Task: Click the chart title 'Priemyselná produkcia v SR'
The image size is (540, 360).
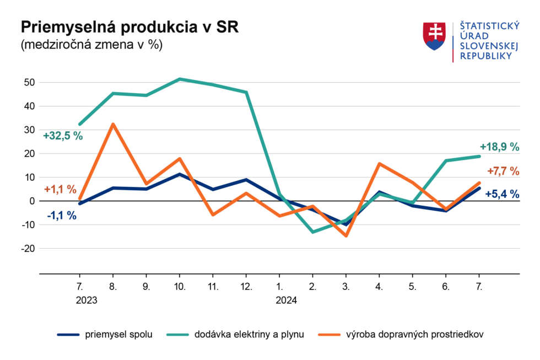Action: coord(129,28)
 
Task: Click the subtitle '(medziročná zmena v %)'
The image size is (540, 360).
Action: coord(91,45)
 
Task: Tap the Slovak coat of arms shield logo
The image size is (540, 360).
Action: coord(434,36)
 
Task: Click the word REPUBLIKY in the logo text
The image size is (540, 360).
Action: coord(485,56)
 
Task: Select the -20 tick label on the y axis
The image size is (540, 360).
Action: coord(28,249)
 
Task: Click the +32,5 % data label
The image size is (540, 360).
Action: coord(63,136)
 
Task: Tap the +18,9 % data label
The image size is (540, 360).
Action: coord(499,147)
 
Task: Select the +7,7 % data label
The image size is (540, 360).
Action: coord(503,171)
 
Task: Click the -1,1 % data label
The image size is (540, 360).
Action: coord(62,216)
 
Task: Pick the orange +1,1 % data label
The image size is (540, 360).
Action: coord(60,189)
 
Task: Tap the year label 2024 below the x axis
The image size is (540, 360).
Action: coord(286,300)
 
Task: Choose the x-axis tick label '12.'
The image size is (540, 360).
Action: coord(246,287)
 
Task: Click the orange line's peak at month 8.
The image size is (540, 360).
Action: coord(113,124)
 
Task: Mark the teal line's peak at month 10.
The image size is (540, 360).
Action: coord(180,79)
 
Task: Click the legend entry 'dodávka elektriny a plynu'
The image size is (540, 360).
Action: coord(248,334)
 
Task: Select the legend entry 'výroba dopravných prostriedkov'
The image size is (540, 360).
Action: coord(415,334)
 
